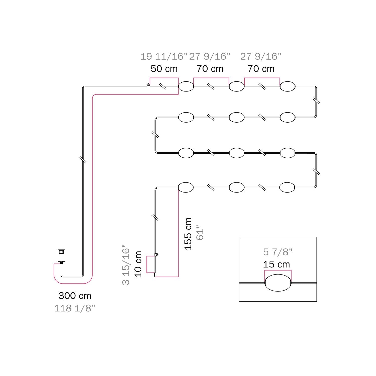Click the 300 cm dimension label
pyautogui.click(x=75, y=296)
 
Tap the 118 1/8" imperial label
pyautogui.click(x=75, y=308)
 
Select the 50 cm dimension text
pyautogui.click(x=164, y=69)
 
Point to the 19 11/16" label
pyautogui.click(x=164, y=56)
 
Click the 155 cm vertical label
pyautogui.click(x=188, y=234)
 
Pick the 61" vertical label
pyautogui.click(x=200, y=233)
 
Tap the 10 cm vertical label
pyautogui.click(x=138, y=264)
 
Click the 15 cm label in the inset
pyautogui.click(x=276, y=264)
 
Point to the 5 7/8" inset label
pyautogui.click(x=278, y=252)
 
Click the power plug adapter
pyautogui.click(x=61, y=256)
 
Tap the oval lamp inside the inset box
pyautogui.click(x=278, y=283)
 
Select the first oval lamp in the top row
pyautogui.click(x=186, y=86)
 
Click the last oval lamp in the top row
pyautogui.click(x=288, y=86)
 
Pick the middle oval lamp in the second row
pyautogui.click(x=237, y=117)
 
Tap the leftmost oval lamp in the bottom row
pyautogui.click(x=186, y=187)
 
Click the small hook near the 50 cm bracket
pyautogui.click(x=148, y=85)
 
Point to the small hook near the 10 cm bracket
pyautogui.click(x=157, y=255)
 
